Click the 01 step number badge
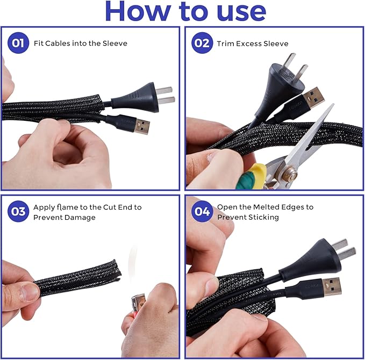pos(18,44)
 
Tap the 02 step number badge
pos(202,44)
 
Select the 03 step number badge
pos(18,212)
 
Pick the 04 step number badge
pos(202,212)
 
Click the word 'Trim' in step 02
pos(225,44)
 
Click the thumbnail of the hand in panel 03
pos(29,292)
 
